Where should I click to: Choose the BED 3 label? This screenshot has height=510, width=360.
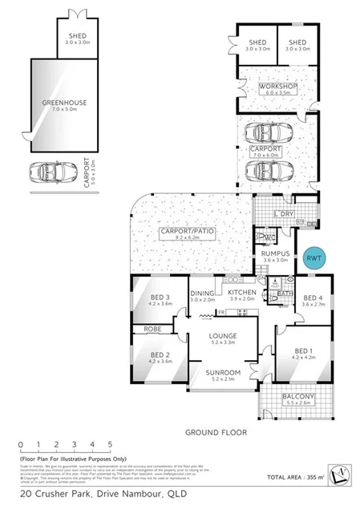click(x=160, y=298)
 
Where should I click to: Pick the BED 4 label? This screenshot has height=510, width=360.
click(x=311, y=298)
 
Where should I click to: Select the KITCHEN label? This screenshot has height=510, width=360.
click(x=242, y=293)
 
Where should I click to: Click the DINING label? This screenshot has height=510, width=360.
click(x=203, y=293)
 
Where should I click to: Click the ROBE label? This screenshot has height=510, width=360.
click(x=153, y=329)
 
